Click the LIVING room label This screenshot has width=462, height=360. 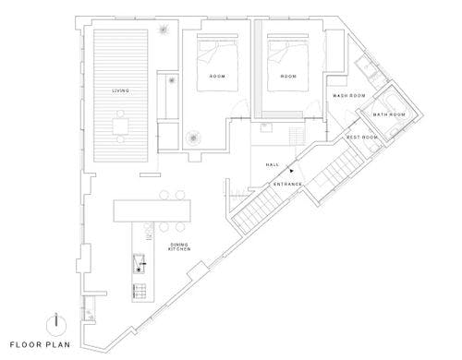(x=120, y=90)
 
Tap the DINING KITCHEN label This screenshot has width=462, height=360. (x=179, y=246)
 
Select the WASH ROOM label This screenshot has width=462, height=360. (x=349, y=96)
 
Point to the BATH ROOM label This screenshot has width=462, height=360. (x=389, y=114)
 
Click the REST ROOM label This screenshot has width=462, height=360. (x=362, y=138)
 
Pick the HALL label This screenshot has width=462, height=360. (x=273, y=165)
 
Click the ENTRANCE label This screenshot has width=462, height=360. (x=287, y=184)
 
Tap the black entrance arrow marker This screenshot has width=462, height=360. (x=291, y=170)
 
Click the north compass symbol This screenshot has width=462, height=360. (x=56, y=325)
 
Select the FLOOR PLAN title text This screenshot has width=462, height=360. (x=40, y=344)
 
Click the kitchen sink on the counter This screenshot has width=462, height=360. (x=140, y=264)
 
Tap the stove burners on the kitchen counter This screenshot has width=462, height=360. (x=140, y=291)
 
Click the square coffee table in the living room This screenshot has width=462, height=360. (x=120, y=126)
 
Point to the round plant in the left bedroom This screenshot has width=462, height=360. (x=193, y=138)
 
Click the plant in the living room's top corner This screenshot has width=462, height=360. (x=164, y=30)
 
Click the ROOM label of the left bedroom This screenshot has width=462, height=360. (x=217, y=76)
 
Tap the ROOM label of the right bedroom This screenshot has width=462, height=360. (x=288, y=76)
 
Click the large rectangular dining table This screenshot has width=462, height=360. (x=152, y=210)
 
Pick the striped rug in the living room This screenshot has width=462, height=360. (x=121, y=96)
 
